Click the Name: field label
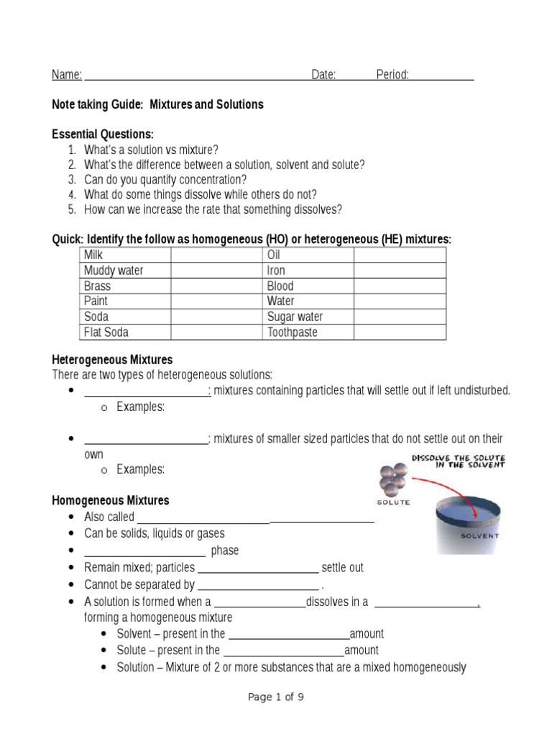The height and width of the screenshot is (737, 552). coord(67,75)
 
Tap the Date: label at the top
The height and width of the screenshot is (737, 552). coord(323,75)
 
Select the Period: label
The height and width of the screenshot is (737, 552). coord(392,75)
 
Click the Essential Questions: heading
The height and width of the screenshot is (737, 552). coord(103,135)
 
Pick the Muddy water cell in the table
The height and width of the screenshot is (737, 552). coord(114,271)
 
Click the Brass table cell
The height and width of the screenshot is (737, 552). coord(98,286)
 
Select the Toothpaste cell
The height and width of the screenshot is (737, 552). coord(293,333)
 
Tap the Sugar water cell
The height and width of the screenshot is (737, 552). coord(295,317)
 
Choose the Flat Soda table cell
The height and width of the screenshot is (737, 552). coord(106,333)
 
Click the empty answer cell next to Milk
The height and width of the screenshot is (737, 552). coord(216,255)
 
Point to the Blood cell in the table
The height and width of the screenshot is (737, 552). coord(280,286)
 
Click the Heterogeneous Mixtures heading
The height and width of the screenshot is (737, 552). coord(112,359)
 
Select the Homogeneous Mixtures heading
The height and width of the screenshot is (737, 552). coord(111,500)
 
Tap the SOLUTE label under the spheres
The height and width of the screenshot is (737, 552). coord(393,502)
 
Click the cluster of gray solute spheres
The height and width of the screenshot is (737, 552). coord(393,479)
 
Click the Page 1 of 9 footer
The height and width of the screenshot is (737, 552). coord(276,697)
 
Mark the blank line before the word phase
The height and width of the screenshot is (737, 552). coord(145,551)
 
